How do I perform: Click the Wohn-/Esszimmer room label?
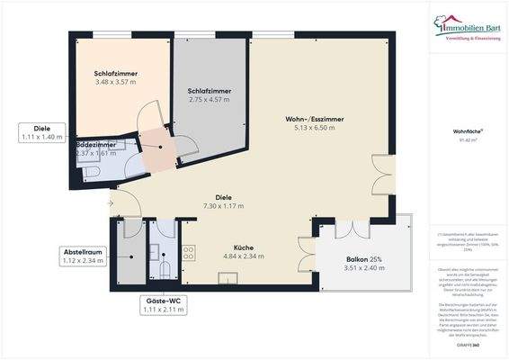click(x=315, y=118)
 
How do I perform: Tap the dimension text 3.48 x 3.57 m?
click(x=115, y=82)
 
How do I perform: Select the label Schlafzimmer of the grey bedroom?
click(x=210, y=91)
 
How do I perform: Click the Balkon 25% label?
click(x=363, y=261)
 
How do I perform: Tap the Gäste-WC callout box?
click(x=163, y=304)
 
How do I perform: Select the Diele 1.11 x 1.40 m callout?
click(x=42, y=132)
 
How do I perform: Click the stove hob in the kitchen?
click(x=189, y=252)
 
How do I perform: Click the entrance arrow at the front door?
click(x=110, y=203)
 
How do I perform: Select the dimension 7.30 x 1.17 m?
click(x=224, y=205)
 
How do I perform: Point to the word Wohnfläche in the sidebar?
click(x=466, y=130)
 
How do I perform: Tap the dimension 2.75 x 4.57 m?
click(x=210, y=100)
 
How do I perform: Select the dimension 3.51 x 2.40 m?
click(x=363, y=270)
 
